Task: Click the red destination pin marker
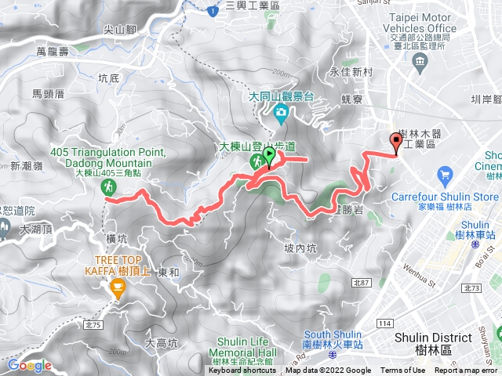[x=395, y=142]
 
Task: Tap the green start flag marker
[x=269, y=155]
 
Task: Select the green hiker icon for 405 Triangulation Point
[x=109, y=187]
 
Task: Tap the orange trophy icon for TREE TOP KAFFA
[x=118, y=290]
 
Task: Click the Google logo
[x=29, y=365]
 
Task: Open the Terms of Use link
[x=403, y=371]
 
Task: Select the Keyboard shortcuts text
[x=242, y=371]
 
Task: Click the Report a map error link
[x=467, y=371]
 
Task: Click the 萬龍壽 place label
[x=53, y=51]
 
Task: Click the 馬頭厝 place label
[x=47, y=93]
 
